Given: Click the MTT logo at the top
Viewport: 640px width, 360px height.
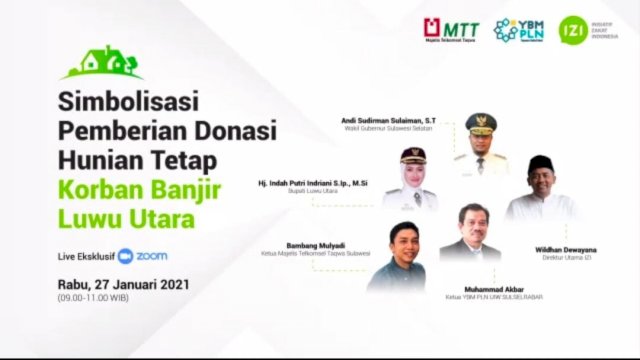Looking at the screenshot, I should (451, 30).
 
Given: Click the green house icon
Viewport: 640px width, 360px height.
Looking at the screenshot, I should (101, 63).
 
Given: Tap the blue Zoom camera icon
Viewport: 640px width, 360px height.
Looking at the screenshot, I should (125, 257).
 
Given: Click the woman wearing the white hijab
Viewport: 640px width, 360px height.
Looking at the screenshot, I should (411, 180).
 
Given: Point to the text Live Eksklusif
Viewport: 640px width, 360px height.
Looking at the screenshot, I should (86, 257).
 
